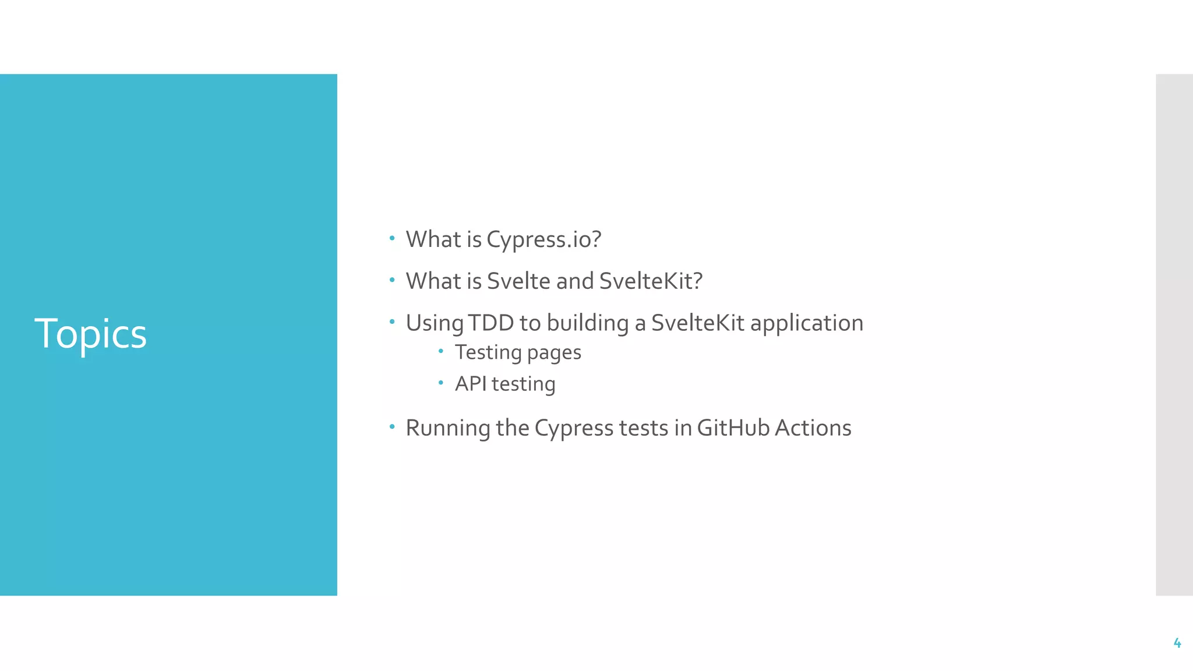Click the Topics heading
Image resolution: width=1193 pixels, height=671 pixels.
90,334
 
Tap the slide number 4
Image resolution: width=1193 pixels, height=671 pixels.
1177,643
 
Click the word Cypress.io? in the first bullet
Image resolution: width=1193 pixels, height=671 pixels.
543,240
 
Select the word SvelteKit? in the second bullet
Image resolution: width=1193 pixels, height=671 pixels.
651,281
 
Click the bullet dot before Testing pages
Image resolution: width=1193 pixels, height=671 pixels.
441,351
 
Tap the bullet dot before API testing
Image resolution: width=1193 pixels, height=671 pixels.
441,383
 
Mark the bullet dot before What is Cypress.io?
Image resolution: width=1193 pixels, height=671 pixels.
392,238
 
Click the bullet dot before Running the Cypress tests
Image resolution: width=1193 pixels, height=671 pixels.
392,427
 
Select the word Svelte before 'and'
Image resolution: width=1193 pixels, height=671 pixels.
518,281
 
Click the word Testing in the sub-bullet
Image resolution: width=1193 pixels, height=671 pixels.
488,353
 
